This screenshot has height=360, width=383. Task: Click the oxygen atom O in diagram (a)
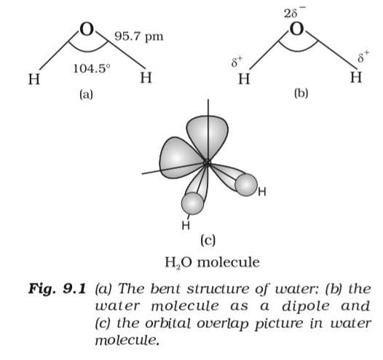point(87,31)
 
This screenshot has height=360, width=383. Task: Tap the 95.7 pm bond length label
point(138,36)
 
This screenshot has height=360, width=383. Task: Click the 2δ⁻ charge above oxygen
point(296,12)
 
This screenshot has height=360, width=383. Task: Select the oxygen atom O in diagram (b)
point(296,31)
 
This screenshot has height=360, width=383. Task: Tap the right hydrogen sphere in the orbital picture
point(248,186)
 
